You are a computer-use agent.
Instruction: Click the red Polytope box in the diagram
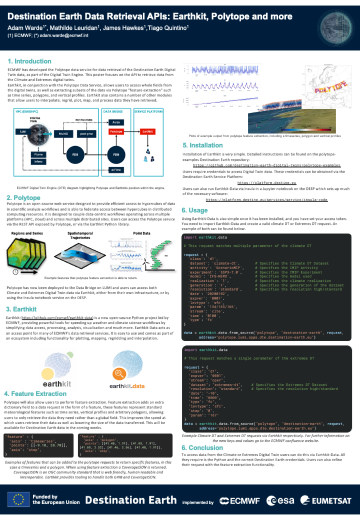(117, 131)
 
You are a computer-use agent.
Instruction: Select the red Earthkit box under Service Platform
(148, 131)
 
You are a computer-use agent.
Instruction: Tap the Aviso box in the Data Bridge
(117, 122)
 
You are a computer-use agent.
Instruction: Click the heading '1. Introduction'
(29, 61)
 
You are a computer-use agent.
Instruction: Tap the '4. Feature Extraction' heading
(35, 394)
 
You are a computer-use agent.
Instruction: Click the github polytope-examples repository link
(267, 165)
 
